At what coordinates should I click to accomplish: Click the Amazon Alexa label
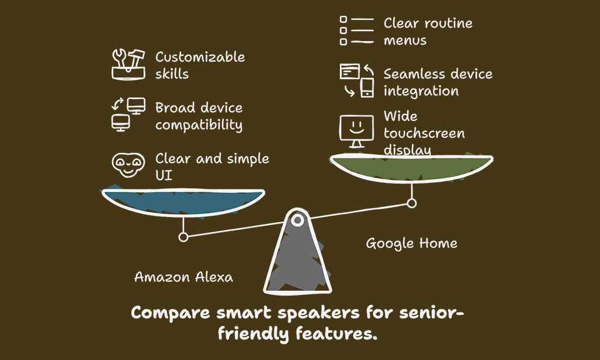(x=183, y=277)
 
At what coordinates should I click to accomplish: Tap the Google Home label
(x=411, y=243)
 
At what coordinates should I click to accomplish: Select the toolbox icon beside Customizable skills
(x=128, y=64)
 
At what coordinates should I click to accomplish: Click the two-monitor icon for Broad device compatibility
(x=128, y=114)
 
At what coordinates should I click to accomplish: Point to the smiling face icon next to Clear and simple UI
(x=128, y=165)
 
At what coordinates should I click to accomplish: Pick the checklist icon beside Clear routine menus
(x=356, y=31)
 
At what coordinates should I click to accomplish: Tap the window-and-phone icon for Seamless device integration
(x=356, y=81)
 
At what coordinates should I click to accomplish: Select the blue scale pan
(x=183, y=199)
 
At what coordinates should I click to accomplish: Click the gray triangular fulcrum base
(x=298, y=261)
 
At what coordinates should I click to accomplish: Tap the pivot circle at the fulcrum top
(x=298, y=220)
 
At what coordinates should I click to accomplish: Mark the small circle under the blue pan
(x=183, y=237)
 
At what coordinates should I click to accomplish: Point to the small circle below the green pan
(x=412, y=203)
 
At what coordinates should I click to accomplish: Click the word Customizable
(x=200, y=57)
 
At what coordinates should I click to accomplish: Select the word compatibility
(x=199, y=125)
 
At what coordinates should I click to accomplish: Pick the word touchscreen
(x=424, y=133)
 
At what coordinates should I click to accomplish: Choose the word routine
(x=443, y=23)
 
